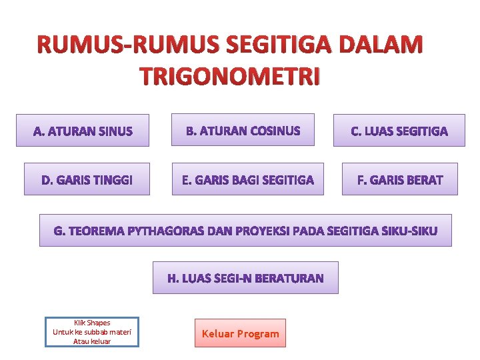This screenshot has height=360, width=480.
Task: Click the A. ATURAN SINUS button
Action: coord(83,131)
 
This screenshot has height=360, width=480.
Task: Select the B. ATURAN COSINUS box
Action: coord(243,130)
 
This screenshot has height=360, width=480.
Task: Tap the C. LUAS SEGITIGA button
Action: coord(399,131)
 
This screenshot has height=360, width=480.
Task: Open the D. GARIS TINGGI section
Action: coord(87,179)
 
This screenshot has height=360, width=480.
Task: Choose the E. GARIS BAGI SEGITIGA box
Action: coord(247,179)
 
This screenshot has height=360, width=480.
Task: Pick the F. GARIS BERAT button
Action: coord(399,179)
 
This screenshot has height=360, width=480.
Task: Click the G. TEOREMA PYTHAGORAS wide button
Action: coord(245,231)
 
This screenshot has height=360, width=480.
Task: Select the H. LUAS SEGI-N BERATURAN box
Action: coord(245,278)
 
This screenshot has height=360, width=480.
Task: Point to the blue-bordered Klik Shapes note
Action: coord(92,332)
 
